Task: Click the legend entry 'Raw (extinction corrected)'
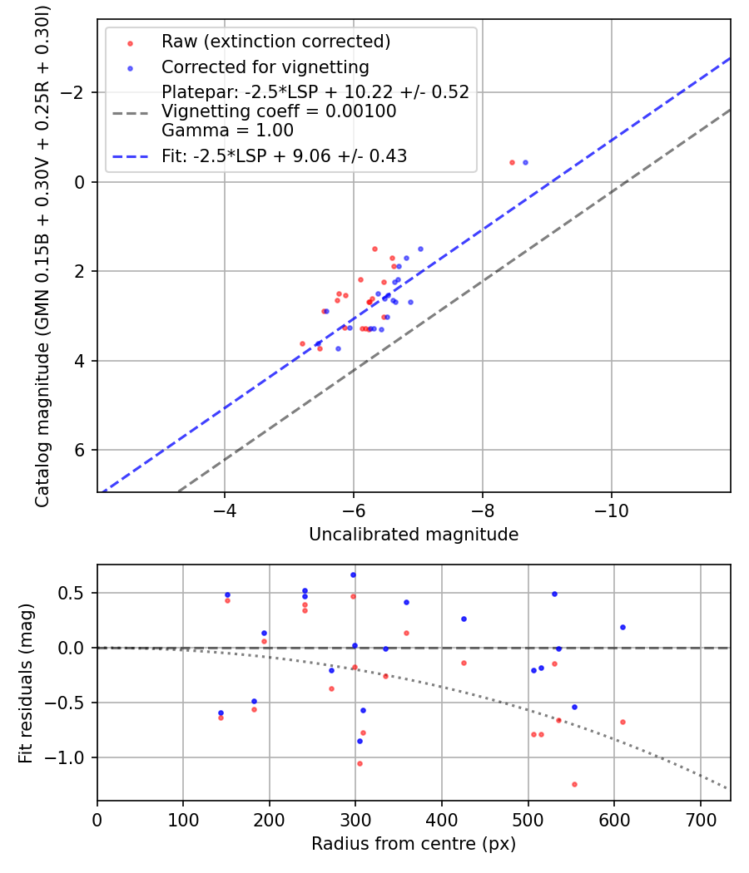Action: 275,42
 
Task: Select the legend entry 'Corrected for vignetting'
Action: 265,67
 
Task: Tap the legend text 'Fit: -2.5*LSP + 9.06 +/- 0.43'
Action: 284,155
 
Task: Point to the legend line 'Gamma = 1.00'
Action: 227,130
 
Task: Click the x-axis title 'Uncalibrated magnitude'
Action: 414,535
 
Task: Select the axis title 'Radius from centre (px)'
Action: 414,844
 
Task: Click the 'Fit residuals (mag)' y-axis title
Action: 26,683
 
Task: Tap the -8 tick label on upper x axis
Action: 483,510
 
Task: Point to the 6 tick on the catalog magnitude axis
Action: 81,450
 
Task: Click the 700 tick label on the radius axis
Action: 700,819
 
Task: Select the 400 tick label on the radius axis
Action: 442,819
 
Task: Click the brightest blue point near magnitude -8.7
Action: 525,162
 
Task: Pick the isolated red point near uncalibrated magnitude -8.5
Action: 512,162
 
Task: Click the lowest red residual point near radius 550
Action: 574,784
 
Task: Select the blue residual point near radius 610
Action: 623,627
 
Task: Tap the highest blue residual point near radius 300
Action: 353,575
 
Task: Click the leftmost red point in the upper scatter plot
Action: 302,343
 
